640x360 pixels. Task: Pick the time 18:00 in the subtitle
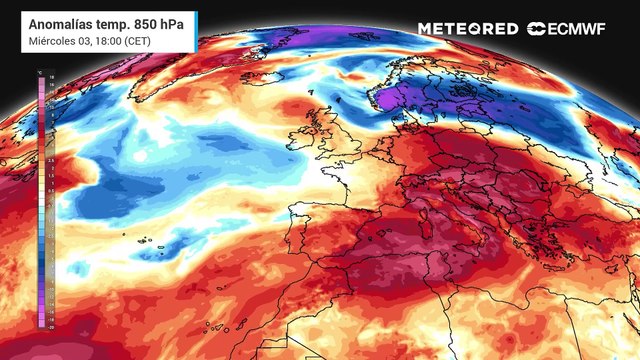tap(109, 41)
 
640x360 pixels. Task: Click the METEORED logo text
tap(468, 28)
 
